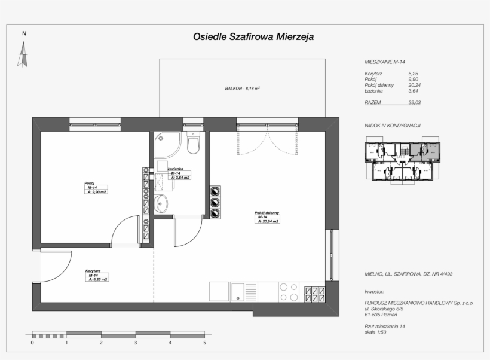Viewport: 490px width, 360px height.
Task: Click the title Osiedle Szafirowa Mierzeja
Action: (253, 37)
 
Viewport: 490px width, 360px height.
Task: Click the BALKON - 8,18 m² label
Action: (242, 88)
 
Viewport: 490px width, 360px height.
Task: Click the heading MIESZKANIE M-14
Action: (385, 62)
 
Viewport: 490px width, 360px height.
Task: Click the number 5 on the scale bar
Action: (204, 343)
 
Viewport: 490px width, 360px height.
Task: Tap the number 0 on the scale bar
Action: (32, 343)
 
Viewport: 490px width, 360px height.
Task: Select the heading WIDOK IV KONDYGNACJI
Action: (393, 126)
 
